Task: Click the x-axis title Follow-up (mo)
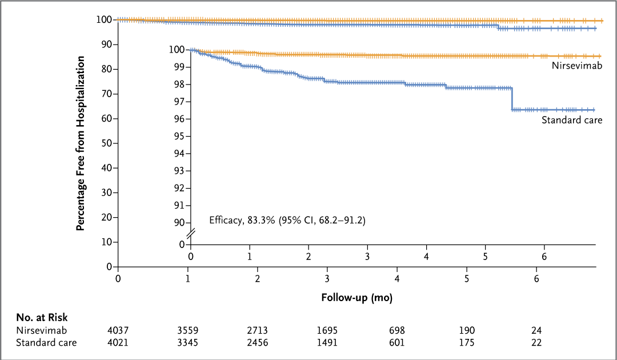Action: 356,298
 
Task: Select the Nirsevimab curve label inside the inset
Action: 576,66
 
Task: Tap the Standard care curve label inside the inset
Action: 571,120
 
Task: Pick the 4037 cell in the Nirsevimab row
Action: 118,331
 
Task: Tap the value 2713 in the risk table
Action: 258,331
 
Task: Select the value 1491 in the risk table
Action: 327,343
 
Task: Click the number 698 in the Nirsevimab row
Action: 397,331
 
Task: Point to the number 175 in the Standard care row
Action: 467,343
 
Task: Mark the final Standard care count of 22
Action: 536,343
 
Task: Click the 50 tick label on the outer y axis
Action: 106,143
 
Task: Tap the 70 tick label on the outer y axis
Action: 106,94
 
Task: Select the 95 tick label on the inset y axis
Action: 179,136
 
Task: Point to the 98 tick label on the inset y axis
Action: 179,85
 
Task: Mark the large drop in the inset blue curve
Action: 512,98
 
